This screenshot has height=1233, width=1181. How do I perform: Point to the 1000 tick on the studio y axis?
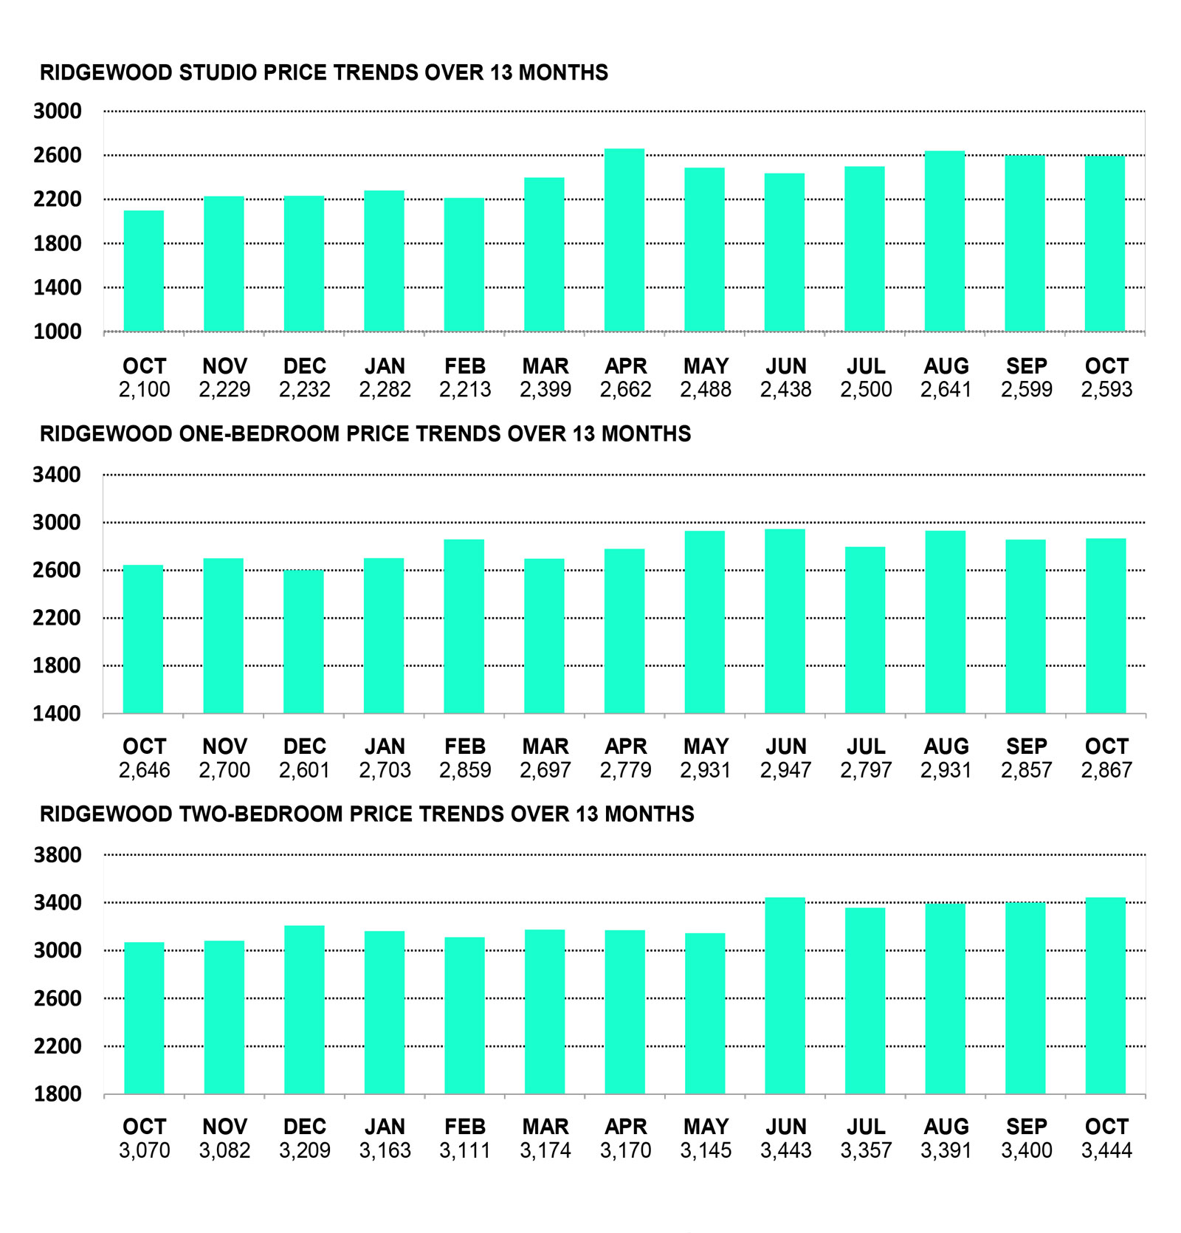point(58,332)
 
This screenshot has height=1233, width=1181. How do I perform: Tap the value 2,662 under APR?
point(625,389)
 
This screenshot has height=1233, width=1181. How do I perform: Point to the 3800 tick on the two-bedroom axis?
point(58,855)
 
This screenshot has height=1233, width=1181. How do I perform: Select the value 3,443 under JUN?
point(785,1150)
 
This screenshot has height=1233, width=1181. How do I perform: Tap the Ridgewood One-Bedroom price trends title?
point(365,433)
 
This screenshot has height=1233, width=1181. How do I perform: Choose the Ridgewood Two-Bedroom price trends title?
point(367,814)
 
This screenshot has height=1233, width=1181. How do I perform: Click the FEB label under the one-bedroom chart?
point(465,746)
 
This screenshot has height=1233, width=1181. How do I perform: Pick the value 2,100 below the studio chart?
point(144,389)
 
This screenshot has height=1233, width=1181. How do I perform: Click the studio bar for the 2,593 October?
point(1105,244)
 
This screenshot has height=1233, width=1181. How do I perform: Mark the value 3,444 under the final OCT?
point(1106,1150)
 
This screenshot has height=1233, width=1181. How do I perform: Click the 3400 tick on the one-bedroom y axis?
point(57,475)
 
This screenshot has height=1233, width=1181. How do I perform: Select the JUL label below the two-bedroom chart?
point(866,1127)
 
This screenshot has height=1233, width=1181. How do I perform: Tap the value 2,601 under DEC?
point(304,770)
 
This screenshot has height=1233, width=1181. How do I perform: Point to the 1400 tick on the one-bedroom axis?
point(57,713)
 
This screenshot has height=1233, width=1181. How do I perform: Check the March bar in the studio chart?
point(544,254)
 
